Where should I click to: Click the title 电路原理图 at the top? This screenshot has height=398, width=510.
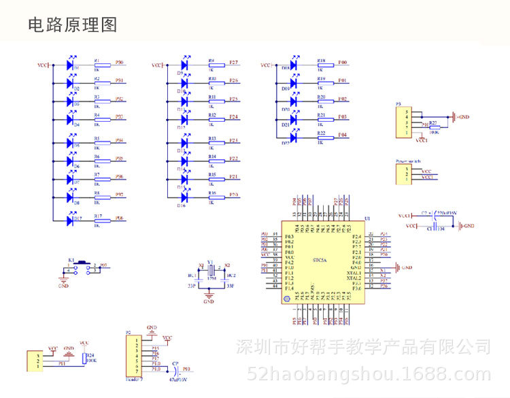pos(72,25)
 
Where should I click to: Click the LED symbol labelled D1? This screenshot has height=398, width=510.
pos(70,65)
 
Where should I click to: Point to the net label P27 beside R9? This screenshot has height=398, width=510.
pos(233,63)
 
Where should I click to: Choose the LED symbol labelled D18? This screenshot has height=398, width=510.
pos(294,65)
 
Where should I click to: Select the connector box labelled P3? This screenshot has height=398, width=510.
pos(406,122)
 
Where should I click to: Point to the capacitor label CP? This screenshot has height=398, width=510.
pos(175,364)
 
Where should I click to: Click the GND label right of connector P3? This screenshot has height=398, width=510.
pos(464,117)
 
